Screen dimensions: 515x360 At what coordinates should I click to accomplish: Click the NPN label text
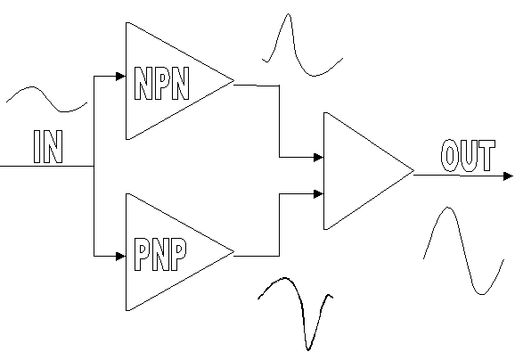point(162,83)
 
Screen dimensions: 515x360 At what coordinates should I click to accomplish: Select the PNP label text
point(160,254)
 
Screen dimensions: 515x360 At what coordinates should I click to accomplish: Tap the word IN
point(48,146)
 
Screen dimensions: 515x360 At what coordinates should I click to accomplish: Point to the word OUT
point(468,156)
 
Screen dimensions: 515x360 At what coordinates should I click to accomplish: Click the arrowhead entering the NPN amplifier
point(121,77)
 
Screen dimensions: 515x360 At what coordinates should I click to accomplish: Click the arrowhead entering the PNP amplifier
point(121,256)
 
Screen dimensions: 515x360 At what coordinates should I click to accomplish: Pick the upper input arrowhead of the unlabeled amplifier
point(319,158)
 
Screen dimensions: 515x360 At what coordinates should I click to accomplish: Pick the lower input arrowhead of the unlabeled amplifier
point(319,194)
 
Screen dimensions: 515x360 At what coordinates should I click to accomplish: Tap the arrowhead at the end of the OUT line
point(508,176)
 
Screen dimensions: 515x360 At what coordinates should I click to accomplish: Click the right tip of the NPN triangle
point(233,80)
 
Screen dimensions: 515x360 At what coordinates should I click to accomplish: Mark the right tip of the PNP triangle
point(233,252)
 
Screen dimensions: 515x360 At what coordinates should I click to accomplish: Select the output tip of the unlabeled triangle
point(413,170)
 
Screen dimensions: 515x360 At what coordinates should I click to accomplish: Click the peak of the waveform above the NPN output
point(289,14)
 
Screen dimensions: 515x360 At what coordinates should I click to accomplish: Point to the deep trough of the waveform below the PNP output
point(307,350)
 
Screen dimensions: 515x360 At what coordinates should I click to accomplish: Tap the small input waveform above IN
point(46,99)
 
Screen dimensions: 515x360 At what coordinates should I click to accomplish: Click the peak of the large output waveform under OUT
point(448,208)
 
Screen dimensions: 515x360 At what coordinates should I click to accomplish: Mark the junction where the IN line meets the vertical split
point(94,167)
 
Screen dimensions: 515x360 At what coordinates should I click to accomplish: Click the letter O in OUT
point(449,156)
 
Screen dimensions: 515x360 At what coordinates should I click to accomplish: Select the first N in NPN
point(143,84)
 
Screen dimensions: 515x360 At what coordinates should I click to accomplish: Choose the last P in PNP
point(179,254)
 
